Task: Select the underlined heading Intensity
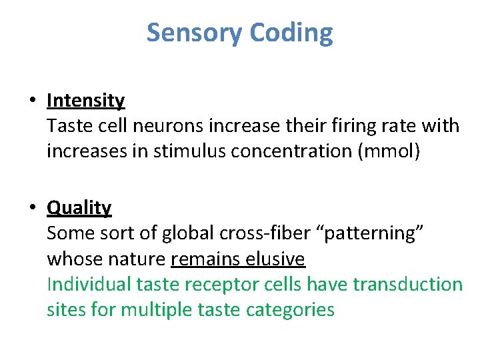[x=85, y=101]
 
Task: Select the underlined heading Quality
[x=79, y=208]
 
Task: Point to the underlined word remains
[x=203, y=259]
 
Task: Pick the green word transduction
[x=407, y=285]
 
